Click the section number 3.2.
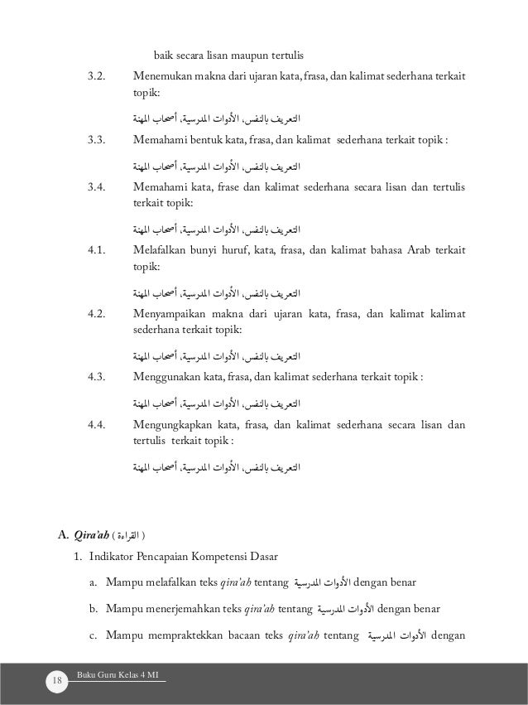(98, 78)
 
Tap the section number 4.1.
(98, 253)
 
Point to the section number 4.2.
(98, 316)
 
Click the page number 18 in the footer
(57, 681)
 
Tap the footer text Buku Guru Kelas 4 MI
(120, 676)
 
